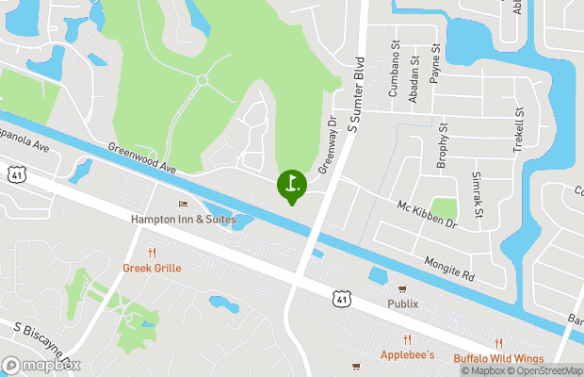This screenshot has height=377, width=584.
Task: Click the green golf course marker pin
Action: pyautogui.click(x=291, y=184)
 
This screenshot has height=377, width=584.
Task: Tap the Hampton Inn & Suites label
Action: pyautogui.click(x=183, y=219)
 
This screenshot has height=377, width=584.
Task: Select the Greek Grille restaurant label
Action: pyautogui.click(x=152, y=268)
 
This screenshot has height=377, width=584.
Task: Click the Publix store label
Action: pyautogui.click(x=402, y=303)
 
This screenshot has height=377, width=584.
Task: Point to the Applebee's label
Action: pyautogui.click(x=407, y=355)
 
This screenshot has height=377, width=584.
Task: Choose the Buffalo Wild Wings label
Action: pyautogui.click(x=498, y=358)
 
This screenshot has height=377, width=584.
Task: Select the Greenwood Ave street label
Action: pyautogui.click(x=142, y=157)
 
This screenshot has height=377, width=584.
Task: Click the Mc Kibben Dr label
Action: pyautogui.click(x=427, y=215)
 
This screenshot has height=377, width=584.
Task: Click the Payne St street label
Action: pyautogui.click(x=434, y=63)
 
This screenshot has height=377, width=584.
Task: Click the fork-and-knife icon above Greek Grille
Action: pyautogui.click(x=152, y=253)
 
